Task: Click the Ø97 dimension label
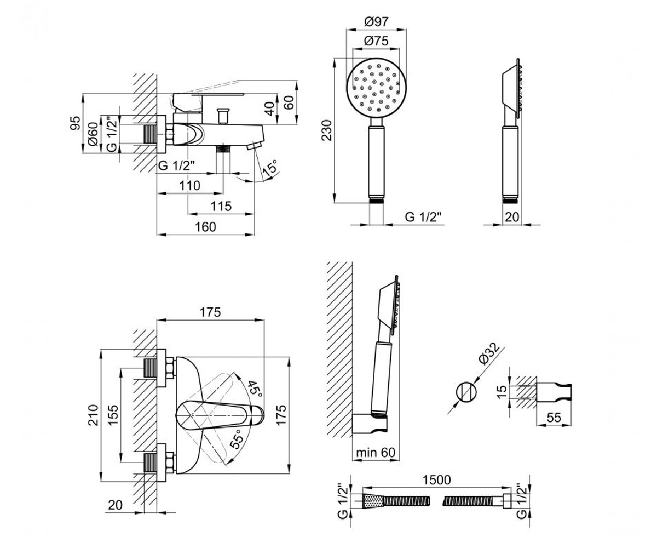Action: click(x=376, y=22)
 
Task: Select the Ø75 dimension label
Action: click(x=376, y=41)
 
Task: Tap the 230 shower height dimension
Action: click(x=327, y=130)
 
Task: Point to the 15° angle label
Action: click(x=270, y=168)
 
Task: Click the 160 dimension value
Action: click(x=205, y=227)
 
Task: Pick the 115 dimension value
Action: click(x=221, y=206)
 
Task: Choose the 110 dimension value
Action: click(x=190, y=186)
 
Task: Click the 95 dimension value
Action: click(x=76, y=123)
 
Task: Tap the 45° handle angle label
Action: click(x=255, y=389)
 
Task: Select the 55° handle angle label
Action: click(x=237, y=439)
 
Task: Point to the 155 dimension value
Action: click(x=113, y=414)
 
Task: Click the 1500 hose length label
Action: click(x=436, y=480)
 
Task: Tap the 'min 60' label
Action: click(x=376, y=453)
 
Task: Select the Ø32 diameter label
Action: click(x=489, y=353)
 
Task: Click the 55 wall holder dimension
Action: click(x=554, y=417)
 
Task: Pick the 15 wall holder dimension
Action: click(x=503, y=391)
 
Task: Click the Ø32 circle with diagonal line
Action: click(x=466, y=392)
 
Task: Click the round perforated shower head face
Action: click(x=376, y=88)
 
